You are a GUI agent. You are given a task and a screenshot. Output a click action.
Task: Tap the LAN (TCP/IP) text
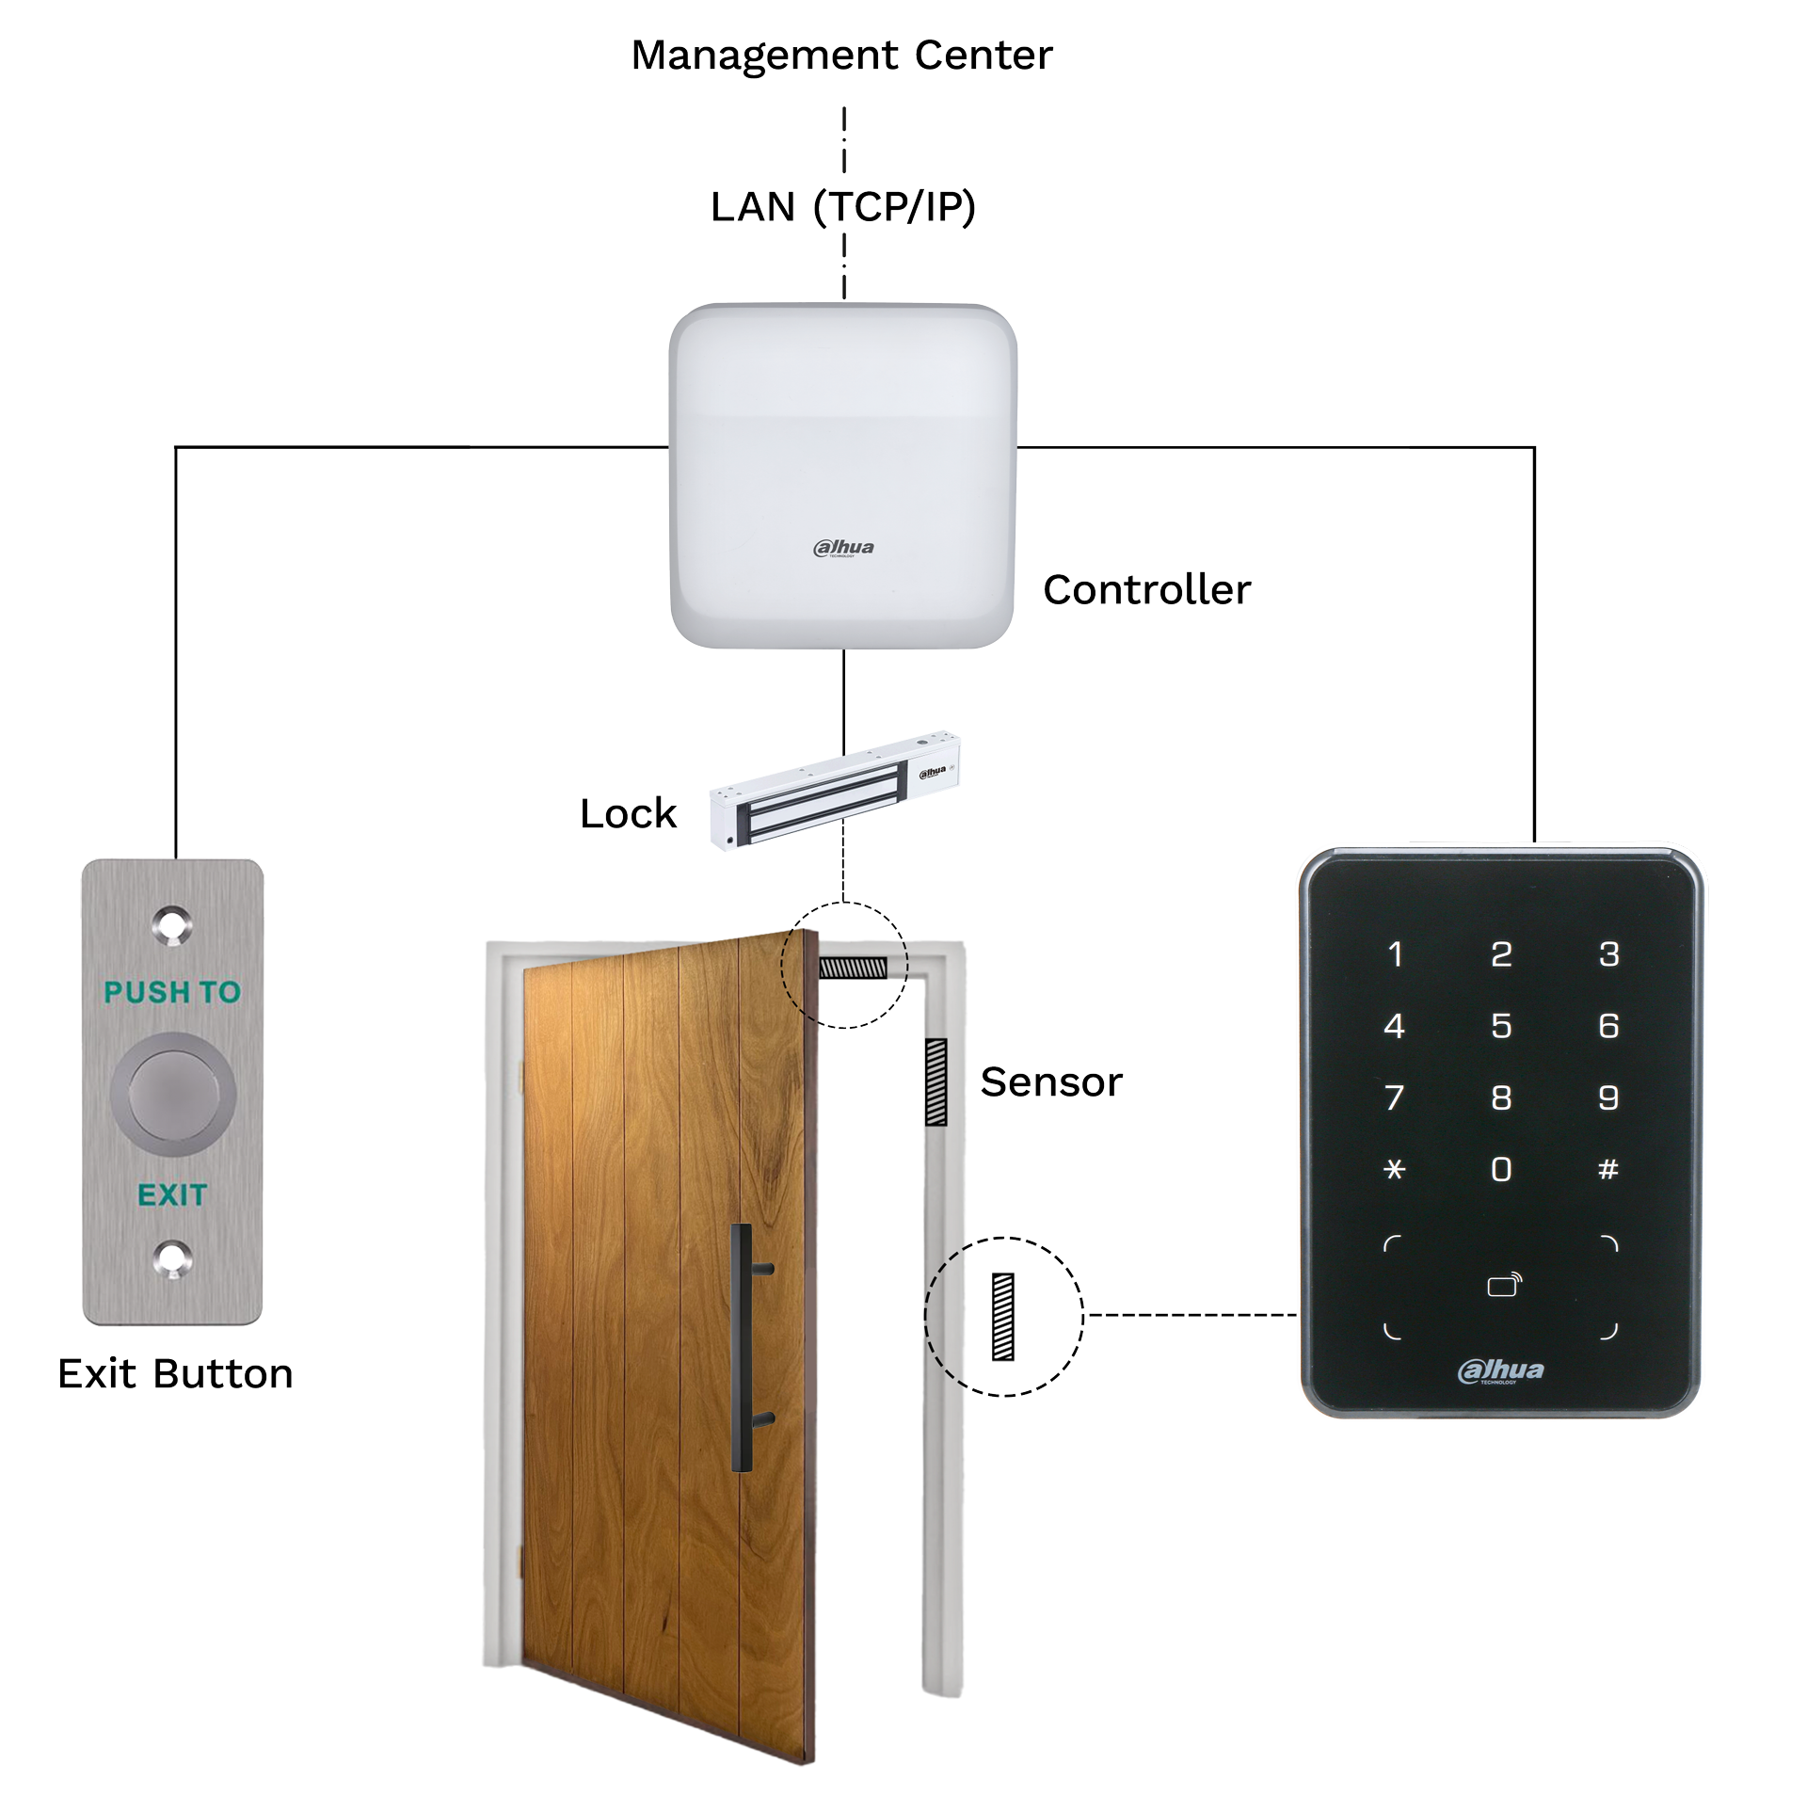pyautogui.click(x=842, y=207)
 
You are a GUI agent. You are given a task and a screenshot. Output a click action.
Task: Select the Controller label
pyautogui.click(x=1146, y=590)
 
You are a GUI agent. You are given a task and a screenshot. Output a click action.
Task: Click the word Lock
pyautogui.click(x=628, y=813)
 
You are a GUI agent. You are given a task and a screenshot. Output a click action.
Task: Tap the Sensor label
pyautogui.click(x=1050, y=1081)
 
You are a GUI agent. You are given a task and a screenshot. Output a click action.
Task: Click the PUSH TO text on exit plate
pyautogui.click(x=172, y=991)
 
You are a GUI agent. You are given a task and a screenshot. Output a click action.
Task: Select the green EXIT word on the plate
pyautogui.click(x=172, y=1194)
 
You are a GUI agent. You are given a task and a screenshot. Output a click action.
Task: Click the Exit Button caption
pyautogui.click(x=175, y=1373)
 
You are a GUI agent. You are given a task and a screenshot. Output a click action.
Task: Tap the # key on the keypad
pyautogui.click(x=1608, y=1170)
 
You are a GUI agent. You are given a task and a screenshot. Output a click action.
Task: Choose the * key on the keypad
pyautogui.click(x=1395, y=1170)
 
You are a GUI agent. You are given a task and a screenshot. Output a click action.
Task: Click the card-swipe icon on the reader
pyautogui.click(x=1503, y=1286)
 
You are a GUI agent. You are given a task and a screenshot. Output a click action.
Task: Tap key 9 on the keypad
pyautogui.click(x=1608, y=1097)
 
